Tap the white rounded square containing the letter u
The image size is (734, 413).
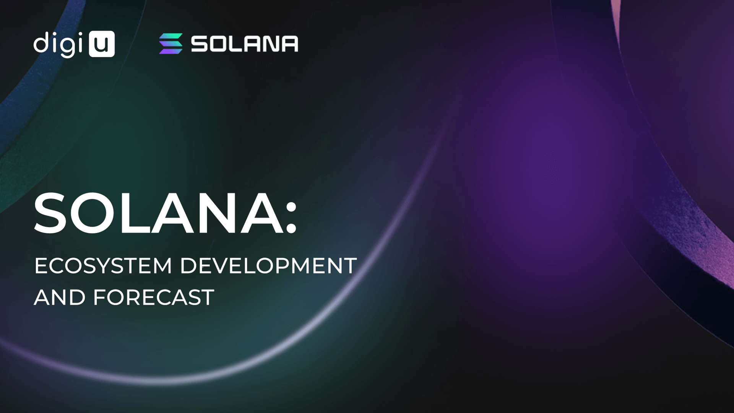click(x=102, y=44)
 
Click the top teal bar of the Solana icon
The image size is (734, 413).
click(x=171, y=36)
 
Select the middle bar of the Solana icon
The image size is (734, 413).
click(x=171, y=44)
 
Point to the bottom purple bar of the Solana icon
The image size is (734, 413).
click(x=171, y=51)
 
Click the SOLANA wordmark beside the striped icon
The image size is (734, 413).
click(x=245, y=44)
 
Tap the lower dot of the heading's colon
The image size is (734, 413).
click(x=291, y=228)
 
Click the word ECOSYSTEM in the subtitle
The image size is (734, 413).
click(x=103, y=265)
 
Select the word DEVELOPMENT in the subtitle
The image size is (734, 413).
click(x=269, y=265)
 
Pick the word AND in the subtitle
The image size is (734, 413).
click(x=60, y=297)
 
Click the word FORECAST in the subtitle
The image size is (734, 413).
click(x=154, y=297)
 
